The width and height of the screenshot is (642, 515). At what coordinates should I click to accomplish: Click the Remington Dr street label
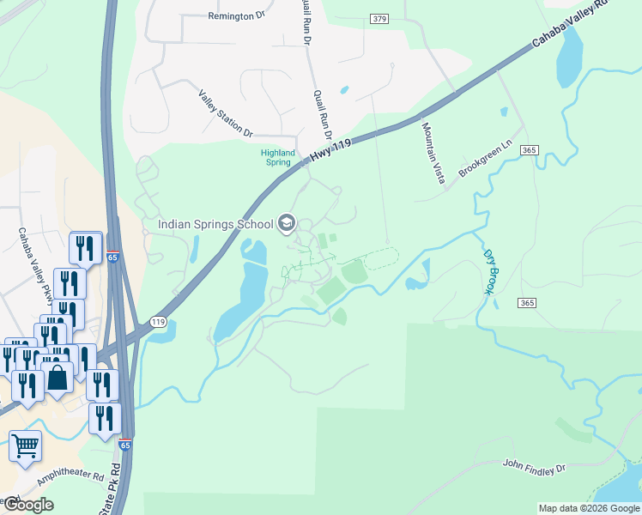pyautogui.click(x=237, y=16)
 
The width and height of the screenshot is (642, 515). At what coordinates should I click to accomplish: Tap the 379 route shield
pyautogui.click(x=380, y=19)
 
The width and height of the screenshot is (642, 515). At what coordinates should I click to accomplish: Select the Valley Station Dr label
pyautogui.click(x=226, y=114)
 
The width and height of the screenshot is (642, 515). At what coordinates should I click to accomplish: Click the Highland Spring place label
pyautogui.click(x=276, y=157)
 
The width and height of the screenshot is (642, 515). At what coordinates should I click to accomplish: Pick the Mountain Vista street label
pyautogui.click(x=433, y=151)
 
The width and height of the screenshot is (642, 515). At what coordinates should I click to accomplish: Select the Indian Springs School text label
pyautogui.click(x=215, y=226)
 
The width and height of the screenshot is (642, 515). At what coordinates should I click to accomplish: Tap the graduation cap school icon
pyautogui.click(x=287, y=225)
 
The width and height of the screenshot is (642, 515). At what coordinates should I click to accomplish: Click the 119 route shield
pyautogui.click(x=157, y=322)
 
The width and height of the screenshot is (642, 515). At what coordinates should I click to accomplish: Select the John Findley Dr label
pyautogui.click(x=535, y=467)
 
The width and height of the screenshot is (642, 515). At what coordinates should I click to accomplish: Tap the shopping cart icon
pyautogui.click(x=26, y=445)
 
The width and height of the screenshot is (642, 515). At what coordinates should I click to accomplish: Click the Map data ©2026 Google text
pyautogui.click(x=589, y=508)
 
